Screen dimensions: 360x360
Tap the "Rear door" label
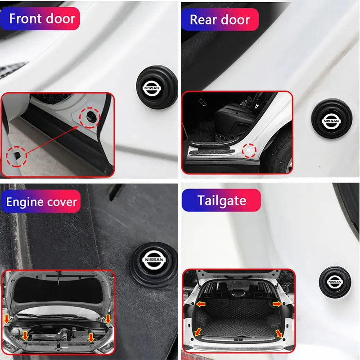pyautogui.click(x=220, y=19)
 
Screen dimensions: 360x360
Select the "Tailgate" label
pyautogui.click(x=221, y=200)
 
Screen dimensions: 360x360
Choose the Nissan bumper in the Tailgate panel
pyautogui.click(x=335, y=282)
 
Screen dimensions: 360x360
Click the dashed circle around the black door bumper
pyautogui.click(x=89, y=117)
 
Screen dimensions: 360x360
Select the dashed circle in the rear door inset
pyautogui.click(x=249, y=151)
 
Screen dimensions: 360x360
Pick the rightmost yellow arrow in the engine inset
pyautogui.click(x=108, y=319)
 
